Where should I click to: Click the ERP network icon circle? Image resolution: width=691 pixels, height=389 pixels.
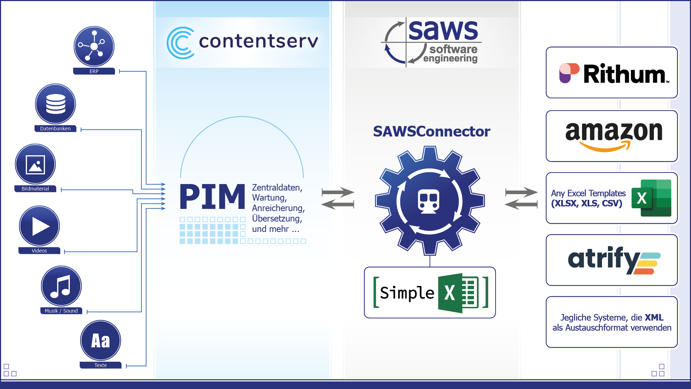(94, 46)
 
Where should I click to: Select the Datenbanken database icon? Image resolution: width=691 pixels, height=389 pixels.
(55, 104)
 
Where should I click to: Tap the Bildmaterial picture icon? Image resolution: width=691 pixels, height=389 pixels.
(35, 164)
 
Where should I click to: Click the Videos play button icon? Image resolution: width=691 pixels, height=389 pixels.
(39, 226)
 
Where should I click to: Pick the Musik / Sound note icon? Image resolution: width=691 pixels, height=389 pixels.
(61, 286)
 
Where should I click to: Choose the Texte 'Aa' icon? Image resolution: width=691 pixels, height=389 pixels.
(100, 341)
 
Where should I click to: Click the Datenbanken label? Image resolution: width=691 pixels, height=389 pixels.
(55, 129)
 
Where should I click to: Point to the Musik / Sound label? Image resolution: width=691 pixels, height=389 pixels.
(61, 311)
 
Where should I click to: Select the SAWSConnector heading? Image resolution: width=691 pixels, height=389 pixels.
(432, 131)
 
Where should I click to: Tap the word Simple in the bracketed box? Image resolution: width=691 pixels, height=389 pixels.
(407, 293)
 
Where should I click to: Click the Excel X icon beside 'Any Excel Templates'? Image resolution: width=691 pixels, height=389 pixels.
(651, 198)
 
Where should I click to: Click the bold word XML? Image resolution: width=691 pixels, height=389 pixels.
(654, 317)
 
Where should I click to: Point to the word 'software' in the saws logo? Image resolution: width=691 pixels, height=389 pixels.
(453, 49)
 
